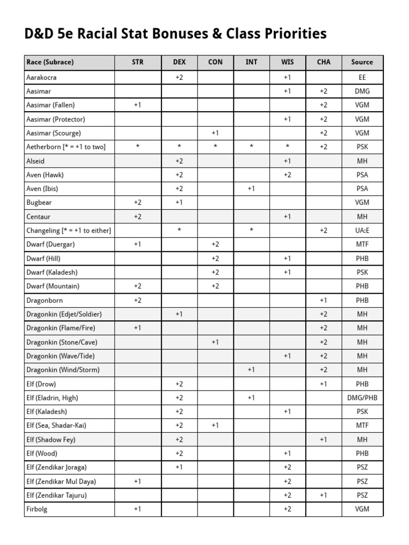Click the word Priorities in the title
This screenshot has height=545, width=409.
coord(292,34)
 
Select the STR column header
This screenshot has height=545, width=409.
coord(137,62)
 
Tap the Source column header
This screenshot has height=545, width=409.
coord(362,62)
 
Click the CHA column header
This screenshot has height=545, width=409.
coord(323,62)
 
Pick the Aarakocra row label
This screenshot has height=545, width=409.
coord(42,77)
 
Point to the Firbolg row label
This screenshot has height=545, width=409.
coord(37,509)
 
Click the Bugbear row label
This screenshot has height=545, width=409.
coord(39,202)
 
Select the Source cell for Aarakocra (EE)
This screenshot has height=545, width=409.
coord(362,77)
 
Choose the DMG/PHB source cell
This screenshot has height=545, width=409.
coord(362,398)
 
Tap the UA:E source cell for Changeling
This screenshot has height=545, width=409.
coord(362,230)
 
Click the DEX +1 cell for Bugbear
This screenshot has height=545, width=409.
coord(179,202)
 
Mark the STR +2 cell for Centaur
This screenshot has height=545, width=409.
coord(137,217)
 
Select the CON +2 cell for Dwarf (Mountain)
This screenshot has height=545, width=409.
coord(215,286)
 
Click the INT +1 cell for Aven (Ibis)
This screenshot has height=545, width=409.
coord(251,188)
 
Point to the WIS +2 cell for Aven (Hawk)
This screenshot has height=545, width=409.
coord(288,175)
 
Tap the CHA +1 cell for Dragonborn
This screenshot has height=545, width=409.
coord(323,300)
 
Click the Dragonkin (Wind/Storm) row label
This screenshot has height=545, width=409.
coord(63,369)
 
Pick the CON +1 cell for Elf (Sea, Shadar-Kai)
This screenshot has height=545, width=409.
coord(215,425)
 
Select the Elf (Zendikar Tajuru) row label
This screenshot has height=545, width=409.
coord(56,495)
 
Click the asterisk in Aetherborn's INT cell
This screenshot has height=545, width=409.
coord(251,147)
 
